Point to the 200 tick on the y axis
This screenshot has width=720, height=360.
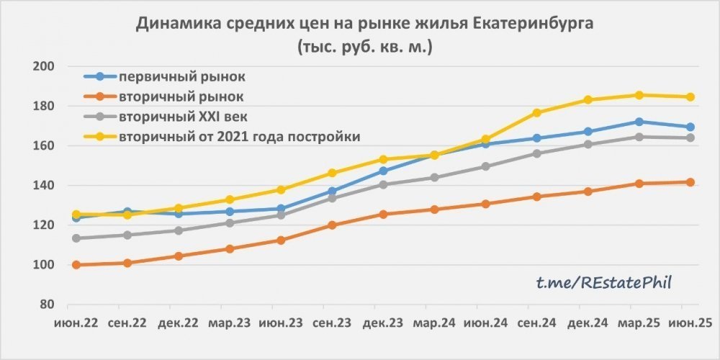(45, 66)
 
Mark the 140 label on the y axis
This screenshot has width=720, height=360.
(45, 186)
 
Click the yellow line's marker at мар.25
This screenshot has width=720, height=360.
(639, 95)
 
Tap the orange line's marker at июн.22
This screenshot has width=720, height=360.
(76, 265)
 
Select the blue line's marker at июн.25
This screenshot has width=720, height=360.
(690, 127)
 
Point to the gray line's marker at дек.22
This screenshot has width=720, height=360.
(178, 230)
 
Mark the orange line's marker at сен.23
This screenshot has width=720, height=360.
(332, 225)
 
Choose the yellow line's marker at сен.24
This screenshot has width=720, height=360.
(536, 113)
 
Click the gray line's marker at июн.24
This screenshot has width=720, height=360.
(485, 166)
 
